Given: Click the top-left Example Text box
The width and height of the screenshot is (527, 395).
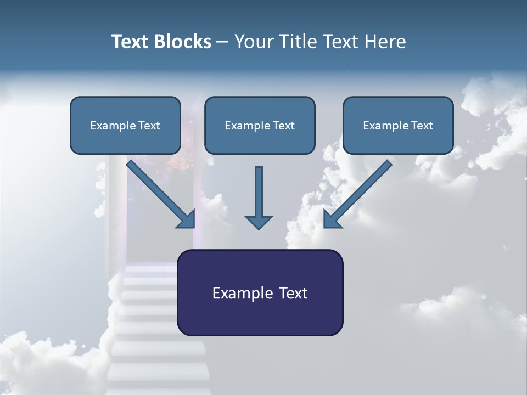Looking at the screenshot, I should [125, 125].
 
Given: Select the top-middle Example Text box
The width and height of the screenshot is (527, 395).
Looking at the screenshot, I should [260, 125].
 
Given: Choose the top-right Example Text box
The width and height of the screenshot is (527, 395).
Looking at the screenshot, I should [398, 125].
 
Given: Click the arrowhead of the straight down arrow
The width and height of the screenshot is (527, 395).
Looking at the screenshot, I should [259, 222].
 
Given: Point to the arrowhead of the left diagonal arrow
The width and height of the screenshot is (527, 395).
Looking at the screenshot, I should [187, 219].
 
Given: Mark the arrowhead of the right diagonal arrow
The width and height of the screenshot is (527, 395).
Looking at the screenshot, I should [332, 219].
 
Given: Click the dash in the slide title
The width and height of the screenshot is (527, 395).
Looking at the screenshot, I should [222, 42].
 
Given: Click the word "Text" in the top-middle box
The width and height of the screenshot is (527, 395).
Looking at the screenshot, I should [283, 126].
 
